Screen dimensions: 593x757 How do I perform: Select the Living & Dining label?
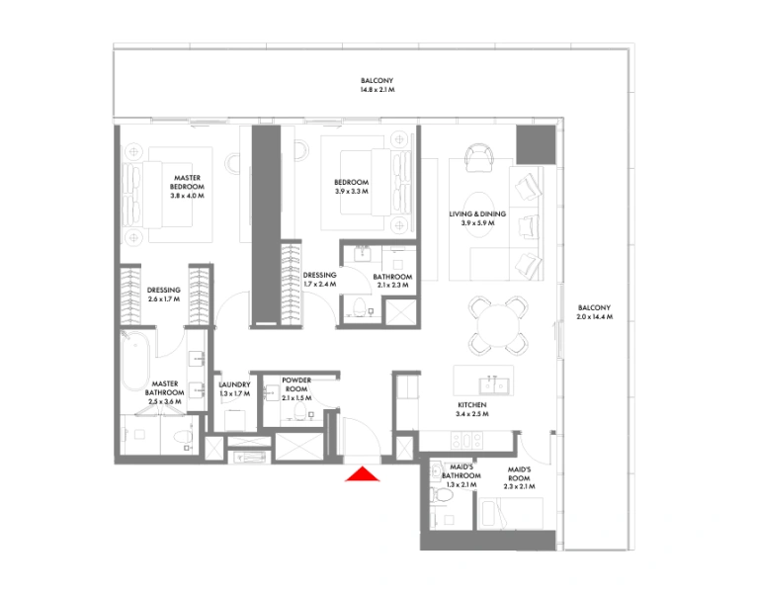(x=477, y=218)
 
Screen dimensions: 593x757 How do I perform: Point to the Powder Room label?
(x=296, y=384)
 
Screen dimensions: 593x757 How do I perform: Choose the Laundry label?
(x=234, y=388)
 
